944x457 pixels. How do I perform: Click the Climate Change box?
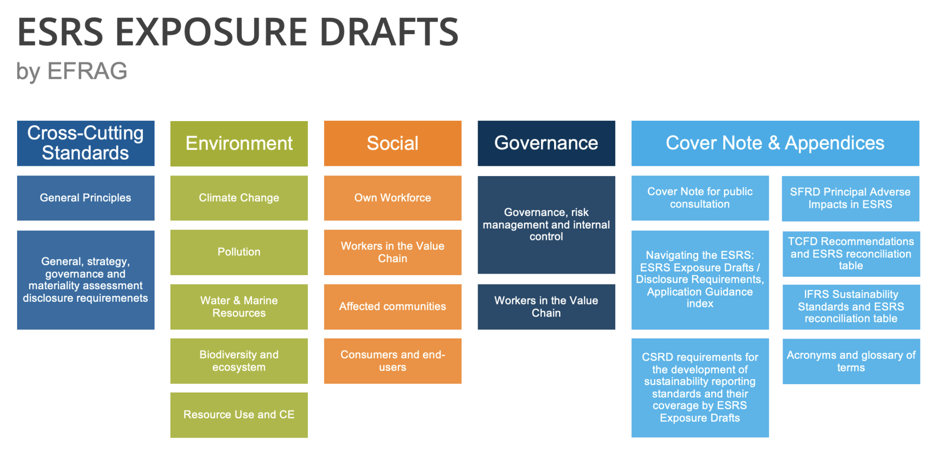[x=239, y=198]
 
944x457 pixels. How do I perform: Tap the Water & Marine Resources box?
[x=239, y=307]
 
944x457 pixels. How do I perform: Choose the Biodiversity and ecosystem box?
[x=239, y=361]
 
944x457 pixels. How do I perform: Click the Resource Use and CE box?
[x=239, y=415]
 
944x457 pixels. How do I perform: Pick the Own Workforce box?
[x=393, y=198]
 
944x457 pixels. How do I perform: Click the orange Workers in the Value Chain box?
[x=393, y=252]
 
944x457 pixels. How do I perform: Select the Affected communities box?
[x=393, y=307]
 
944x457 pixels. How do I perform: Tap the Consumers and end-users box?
[x=393, y=361]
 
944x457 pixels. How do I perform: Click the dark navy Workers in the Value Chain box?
[x=546, y=307]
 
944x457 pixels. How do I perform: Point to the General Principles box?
[x=86, y=198]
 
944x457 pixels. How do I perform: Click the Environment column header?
[x=239, y=144]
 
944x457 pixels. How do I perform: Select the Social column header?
[x=393, y=143]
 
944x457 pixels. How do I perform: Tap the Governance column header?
[x=546, y=143]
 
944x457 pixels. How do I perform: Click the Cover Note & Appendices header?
[x=775, y=143]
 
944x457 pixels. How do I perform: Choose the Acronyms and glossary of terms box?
[x=851, y=362]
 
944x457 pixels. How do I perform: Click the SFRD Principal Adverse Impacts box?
[x=850, y=199]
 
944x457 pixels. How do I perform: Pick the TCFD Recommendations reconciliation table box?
[x=851, y=254]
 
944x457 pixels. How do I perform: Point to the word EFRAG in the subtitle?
[x=87, y=71]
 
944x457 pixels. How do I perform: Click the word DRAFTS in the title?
[x=389, y=32]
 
